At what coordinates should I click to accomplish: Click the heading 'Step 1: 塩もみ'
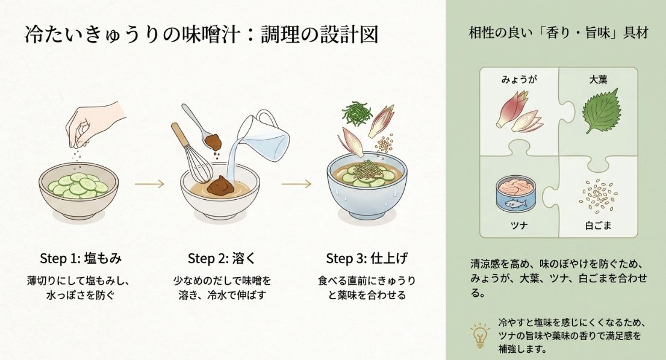(x=81, y=258)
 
